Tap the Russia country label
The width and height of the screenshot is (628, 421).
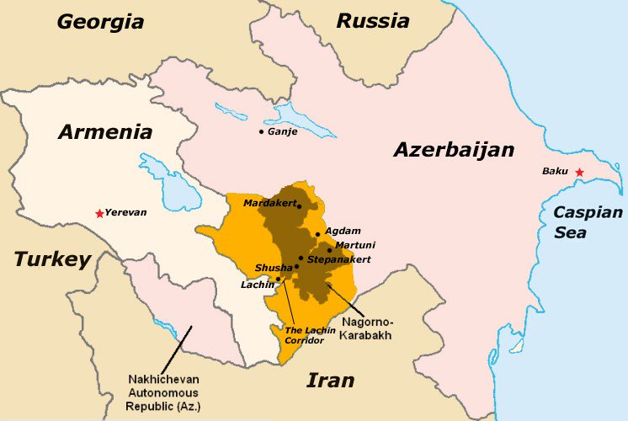pos(372,20)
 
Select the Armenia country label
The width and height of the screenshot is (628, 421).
pos(105,132)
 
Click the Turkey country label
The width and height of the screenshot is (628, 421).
pos(51,259)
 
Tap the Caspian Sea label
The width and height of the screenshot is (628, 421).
pos(587,222)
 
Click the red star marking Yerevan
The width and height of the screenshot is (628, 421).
pos(99,212)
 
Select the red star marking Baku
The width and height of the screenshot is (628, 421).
pos(578,172)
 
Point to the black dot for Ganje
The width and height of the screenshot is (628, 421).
pos(262,131)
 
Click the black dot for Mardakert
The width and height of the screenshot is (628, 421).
pos(299,205)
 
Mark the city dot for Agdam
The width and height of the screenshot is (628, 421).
pos(317,234)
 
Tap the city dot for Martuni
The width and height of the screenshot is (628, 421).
pos(329,250)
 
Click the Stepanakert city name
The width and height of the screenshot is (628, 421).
pos(338,260)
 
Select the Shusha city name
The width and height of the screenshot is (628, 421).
pos(274,268)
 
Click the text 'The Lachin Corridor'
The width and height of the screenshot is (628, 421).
pos(303,334)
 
